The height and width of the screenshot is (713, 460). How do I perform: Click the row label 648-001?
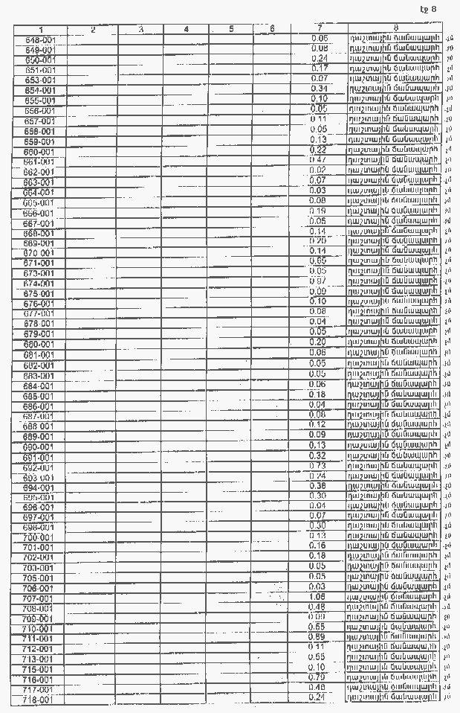click(39, 39)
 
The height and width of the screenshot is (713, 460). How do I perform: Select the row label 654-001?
click(39, 90)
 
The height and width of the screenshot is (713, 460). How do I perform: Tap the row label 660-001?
click(39, 152)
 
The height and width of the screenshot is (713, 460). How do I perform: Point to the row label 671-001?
click(39, 263)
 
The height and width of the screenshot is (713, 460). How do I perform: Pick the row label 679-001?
click(39, 334)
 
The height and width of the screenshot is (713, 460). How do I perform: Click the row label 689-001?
click(39, 436)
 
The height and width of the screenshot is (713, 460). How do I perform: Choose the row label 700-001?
click(39, 537)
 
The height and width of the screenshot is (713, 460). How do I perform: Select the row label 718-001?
click(39, 700)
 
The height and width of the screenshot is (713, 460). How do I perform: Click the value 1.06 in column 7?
click(318, 597)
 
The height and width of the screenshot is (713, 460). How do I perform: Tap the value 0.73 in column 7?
click(318, 465)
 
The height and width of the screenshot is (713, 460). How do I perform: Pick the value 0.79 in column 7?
click(318, 677)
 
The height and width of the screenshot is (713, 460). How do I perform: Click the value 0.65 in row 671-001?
click(318, 261)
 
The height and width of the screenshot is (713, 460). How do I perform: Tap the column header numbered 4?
click(186, 29)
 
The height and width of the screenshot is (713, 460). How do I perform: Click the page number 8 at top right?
click(433, 9)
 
